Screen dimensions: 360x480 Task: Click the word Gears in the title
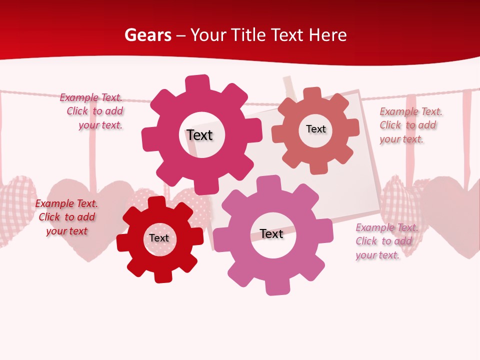tap(147, 35)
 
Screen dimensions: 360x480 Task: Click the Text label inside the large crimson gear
tap(199, 135)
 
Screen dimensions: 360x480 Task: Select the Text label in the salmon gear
tap(315, 129)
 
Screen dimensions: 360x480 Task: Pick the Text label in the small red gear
tap(159, 238)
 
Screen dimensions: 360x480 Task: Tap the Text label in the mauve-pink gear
tap(271, 233)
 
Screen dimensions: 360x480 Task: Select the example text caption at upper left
tap(92, 111)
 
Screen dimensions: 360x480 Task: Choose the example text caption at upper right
tap(410, 125)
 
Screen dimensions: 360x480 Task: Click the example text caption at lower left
tap(66, 217)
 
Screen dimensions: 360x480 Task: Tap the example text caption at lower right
tap(386, 241)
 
